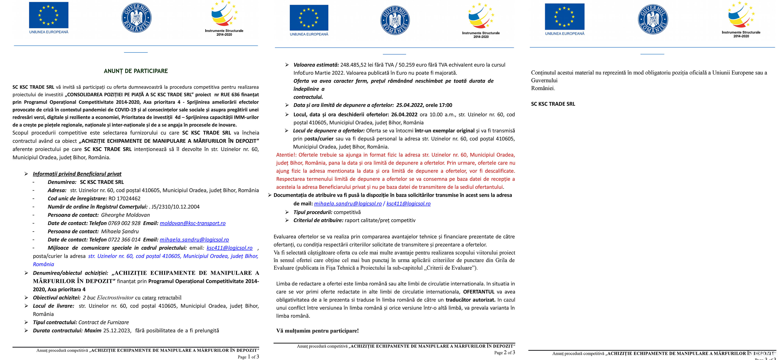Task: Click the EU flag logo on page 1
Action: tap(48, 15)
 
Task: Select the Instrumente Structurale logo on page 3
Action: tap(741, 19)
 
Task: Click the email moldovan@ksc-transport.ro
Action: tap(193, 223)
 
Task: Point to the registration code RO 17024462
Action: tap(124, 198)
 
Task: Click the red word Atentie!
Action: tap(286, 155)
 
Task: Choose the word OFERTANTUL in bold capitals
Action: tap(479, 292)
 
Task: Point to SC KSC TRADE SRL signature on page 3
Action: tap(553, 104)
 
